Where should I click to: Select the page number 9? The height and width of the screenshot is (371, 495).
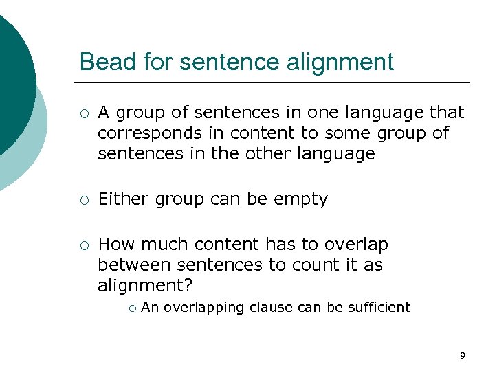coord(462,355)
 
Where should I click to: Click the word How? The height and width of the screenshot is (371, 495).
coord(113,245)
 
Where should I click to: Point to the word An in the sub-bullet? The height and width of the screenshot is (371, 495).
coord(149,307)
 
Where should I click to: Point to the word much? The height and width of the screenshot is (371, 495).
coord(162,245)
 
